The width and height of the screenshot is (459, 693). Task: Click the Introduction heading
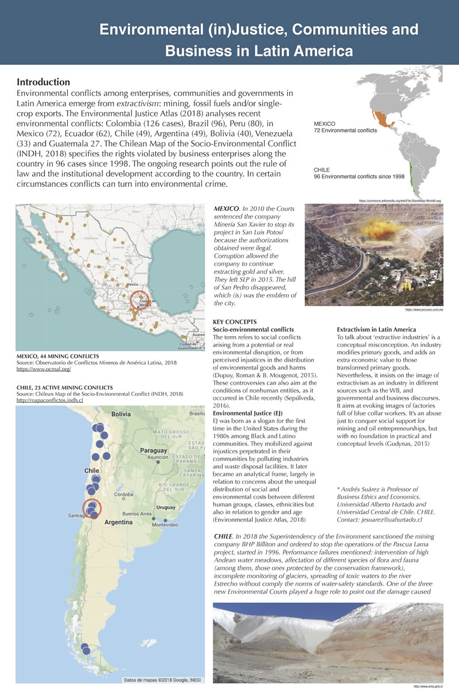coord(43,82)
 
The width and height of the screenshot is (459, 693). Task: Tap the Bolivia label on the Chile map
coord(122,414)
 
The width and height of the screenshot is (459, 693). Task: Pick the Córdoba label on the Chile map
coord(124,494)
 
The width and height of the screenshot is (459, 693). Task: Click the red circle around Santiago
coord(92,509)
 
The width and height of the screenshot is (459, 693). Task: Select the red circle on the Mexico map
coord(141,302)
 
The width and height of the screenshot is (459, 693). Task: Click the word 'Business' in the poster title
coord(203,51)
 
